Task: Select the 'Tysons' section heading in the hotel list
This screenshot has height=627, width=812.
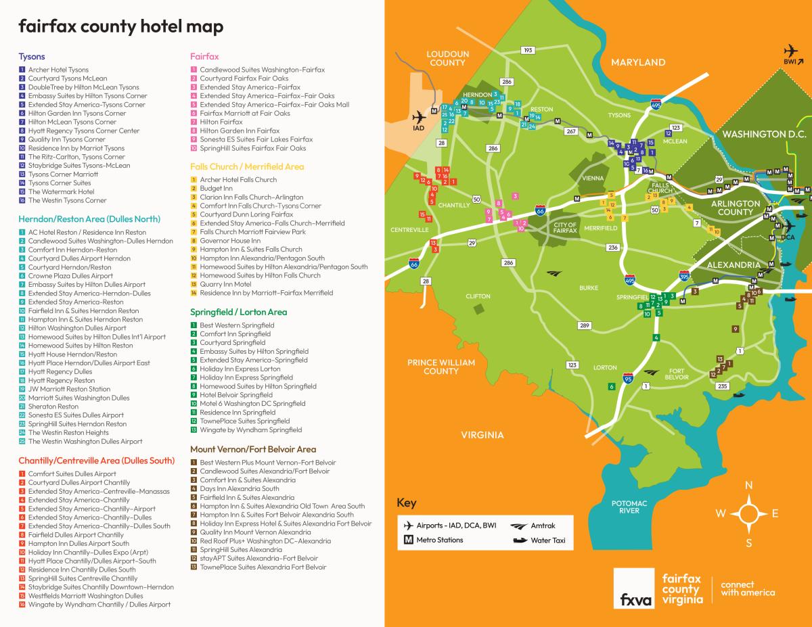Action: (x=32, y=57)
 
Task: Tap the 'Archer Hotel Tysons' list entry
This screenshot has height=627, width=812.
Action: (x=58, y=70)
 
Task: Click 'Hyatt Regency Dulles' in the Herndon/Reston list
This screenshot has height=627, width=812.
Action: (x=60, y=371)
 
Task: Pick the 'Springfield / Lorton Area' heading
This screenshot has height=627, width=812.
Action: (x=238, y=312)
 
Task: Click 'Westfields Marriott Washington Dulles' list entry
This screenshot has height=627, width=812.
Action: (x=85, y=596)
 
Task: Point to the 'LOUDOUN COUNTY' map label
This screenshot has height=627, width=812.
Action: (x=447, y=58)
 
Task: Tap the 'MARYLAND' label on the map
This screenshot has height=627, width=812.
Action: (x=638, y=62)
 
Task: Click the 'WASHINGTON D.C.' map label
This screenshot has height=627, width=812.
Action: (x=761, y=134)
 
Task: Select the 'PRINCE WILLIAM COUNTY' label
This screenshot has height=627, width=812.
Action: (x=441, y=367)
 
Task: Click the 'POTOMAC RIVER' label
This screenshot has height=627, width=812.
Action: (x=629, y=507)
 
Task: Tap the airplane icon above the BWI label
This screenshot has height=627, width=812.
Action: (x=790, y=51)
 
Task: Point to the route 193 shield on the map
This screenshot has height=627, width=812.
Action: (x=528, y=51)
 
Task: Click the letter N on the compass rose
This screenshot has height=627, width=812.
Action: (x=748, y=485)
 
